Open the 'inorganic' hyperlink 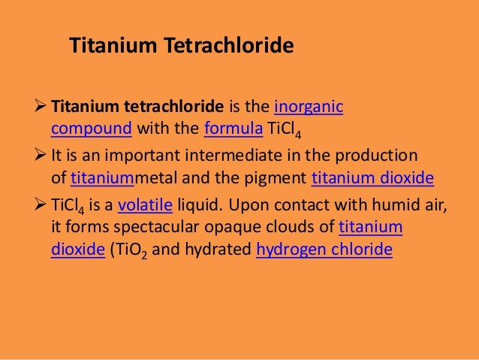pyautogui.click(x=309, y=107)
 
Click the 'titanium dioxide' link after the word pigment pyautogui.click(x=372, y=177)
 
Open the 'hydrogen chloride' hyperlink pyautogui.click(x=324, y=249)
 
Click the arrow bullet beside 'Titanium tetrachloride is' pyautogui.click(x=41, y=107)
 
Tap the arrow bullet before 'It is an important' pyautogui.click(x=41, y=156)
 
